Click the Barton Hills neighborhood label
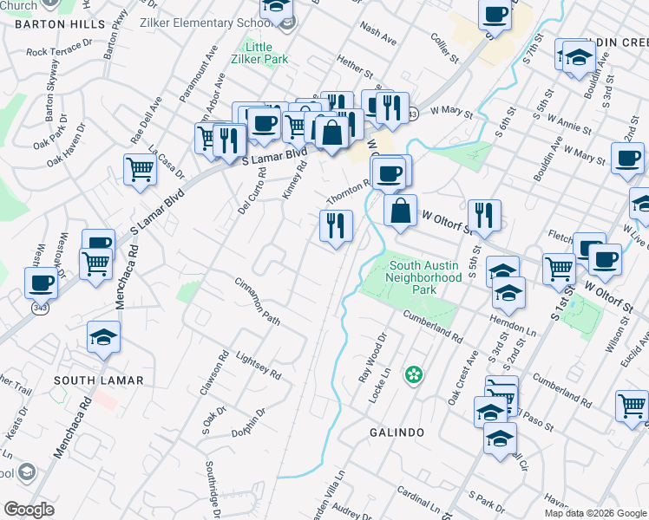[53, 24]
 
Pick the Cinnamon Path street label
[258, 302]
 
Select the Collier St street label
[445, 49]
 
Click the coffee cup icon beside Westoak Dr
[42, 283]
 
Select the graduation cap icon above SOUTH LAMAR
[104, 337]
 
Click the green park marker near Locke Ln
[416, 375]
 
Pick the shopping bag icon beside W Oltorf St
[400, 211]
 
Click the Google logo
[29, 510]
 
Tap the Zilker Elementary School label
[210, 22]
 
